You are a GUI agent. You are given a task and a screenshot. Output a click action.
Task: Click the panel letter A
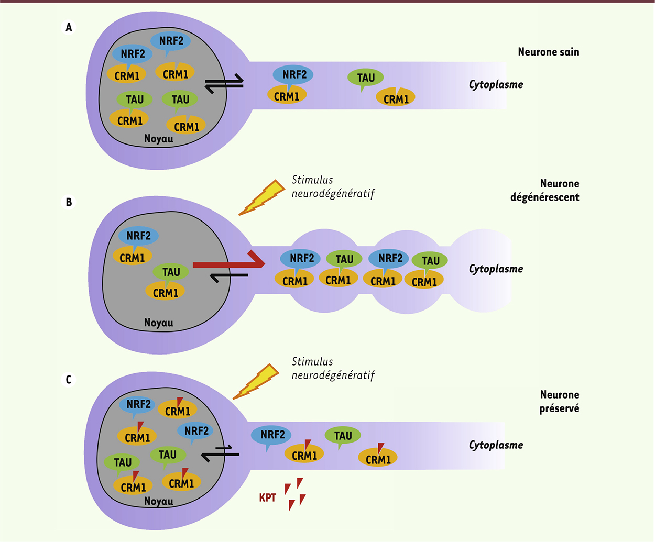69,27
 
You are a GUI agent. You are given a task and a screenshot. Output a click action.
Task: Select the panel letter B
69,202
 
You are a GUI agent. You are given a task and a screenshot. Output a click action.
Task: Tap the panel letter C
69,380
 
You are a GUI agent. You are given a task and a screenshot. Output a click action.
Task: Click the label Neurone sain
548,52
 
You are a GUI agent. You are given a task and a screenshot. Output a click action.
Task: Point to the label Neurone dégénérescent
545,191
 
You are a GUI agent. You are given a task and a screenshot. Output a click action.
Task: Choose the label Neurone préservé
559,402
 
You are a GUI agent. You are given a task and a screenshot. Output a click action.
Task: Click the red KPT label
267,497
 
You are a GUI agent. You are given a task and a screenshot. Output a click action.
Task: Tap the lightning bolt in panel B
263,197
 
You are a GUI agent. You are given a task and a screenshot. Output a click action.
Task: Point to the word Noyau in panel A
158,139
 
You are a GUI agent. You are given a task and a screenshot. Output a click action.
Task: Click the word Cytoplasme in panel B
496,269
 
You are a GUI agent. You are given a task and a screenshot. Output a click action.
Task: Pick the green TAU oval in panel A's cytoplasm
366,78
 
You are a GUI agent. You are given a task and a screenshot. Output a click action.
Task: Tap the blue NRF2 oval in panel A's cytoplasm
293,74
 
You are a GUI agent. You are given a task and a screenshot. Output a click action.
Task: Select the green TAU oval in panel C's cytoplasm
343,436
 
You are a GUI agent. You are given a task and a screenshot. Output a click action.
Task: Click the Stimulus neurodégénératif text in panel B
333,187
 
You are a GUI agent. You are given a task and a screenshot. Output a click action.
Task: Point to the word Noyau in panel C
158,501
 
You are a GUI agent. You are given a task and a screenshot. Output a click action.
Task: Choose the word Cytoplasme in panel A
496,84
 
